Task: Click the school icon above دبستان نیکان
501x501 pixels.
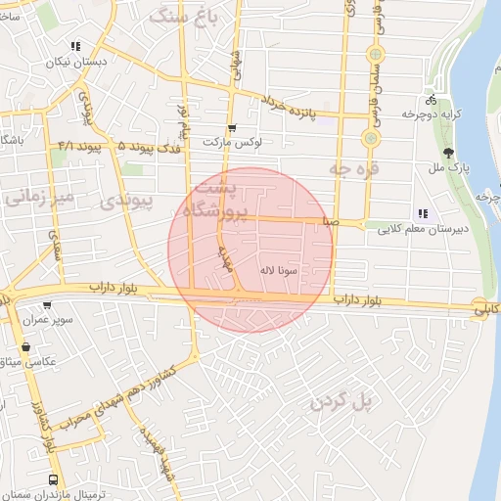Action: [76, 47]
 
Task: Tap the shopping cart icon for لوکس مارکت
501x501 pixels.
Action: [232, 128]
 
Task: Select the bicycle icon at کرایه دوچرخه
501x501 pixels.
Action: [432, 100]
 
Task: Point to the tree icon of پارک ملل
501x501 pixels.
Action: [448, 153]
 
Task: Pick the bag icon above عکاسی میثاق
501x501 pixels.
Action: [24, 347]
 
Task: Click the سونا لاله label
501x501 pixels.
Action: [279, 269]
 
